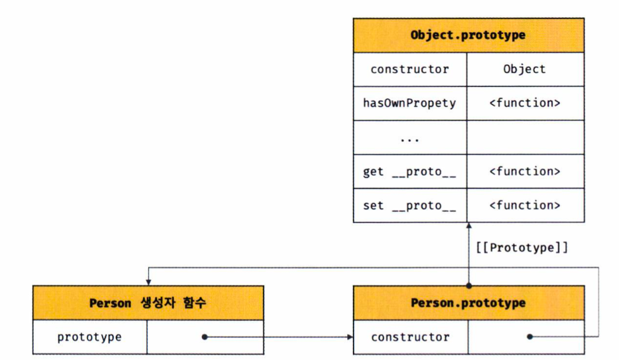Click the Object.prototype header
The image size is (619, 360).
[468, 35]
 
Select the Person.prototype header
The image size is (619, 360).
[468, 303]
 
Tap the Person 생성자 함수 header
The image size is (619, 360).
[148, 303]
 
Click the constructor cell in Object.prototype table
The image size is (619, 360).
[410, 69]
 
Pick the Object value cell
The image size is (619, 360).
[524, 69]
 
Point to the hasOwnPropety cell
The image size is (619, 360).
[410, 103]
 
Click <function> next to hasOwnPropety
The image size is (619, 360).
[524, 103]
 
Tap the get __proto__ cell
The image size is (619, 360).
[410, 172]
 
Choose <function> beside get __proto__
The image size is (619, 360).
[524, 172]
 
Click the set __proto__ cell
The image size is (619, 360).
[410, 205]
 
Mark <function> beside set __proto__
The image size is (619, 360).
[524, 205]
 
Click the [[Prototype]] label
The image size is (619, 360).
[522, 248]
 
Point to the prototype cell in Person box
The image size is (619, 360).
[89, 337]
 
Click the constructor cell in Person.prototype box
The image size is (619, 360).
[410, 337]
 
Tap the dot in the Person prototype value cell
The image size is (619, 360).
[204, 337]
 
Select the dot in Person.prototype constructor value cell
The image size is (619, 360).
[530, 337]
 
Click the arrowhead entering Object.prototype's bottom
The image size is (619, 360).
[468, 226]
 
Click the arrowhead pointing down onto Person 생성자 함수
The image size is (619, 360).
[148, 282]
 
